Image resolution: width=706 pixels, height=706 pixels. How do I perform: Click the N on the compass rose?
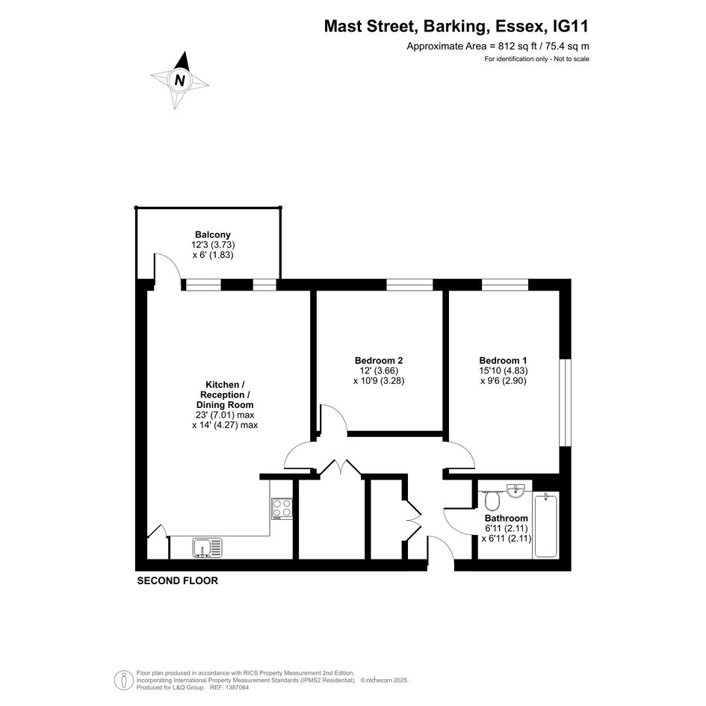[179, 80]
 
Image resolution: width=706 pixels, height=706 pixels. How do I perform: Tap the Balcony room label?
[212, 235]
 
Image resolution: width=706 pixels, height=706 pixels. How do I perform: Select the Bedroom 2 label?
[379, 360]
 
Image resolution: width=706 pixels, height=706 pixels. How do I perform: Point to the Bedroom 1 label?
[503, 360]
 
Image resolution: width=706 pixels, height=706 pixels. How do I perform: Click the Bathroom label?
[506, 518]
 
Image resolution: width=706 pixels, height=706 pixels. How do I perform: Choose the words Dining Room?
[225, 405]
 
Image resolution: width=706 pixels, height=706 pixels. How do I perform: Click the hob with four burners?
[282, 509]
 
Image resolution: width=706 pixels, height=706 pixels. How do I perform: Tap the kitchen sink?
[207, 548]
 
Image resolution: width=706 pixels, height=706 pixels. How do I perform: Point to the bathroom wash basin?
[516, 490]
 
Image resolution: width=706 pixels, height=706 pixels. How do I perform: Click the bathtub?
[545, 525]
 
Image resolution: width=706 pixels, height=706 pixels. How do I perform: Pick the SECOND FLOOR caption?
[177, 580]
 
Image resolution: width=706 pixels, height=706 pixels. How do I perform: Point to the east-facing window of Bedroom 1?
[565, 403]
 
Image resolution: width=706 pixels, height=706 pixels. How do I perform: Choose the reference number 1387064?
[237, 687]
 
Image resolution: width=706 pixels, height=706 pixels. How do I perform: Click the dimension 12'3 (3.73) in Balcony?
[213, 245]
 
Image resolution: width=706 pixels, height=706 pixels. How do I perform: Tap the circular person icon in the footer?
[123, 681]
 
